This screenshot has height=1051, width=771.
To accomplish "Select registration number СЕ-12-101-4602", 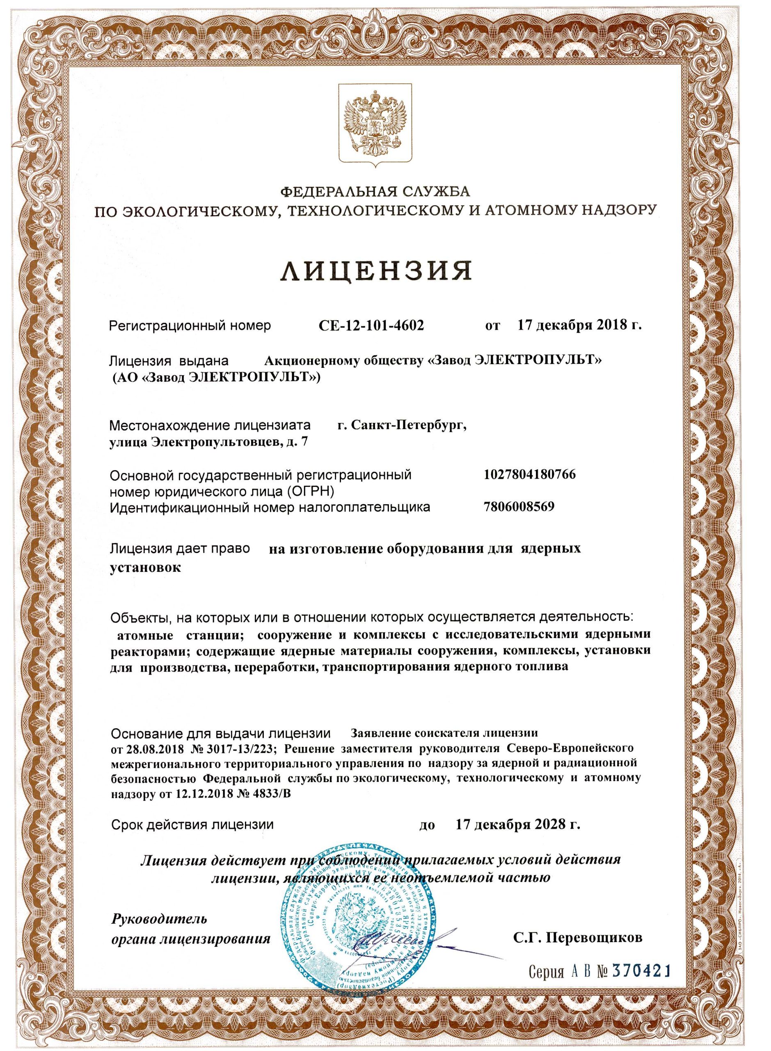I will tap(370, 326).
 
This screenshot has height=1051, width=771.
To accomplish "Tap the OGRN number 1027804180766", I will tap(530, 475).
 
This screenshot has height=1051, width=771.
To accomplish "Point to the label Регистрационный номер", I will tap(190, 326).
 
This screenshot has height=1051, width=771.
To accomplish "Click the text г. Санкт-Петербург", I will tap(401, 425).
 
